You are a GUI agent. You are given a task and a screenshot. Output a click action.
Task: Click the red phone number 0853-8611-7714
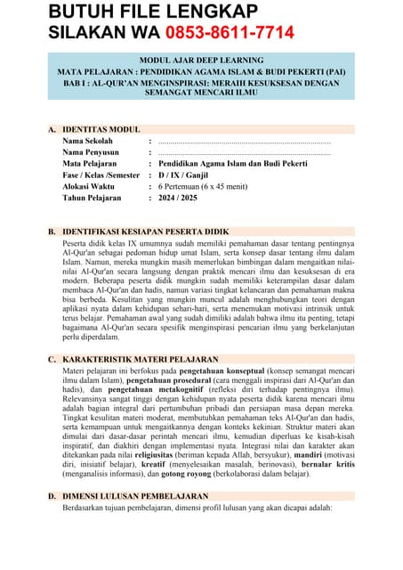229,33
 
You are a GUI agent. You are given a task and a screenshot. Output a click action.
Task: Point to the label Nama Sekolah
88,142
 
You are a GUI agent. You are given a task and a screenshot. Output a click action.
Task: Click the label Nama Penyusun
92,153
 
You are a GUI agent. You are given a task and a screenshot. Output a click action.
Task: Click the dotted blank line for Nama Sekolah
244,142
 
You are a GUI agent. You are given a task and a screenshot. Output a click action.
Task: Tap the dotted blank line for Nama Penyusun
244,153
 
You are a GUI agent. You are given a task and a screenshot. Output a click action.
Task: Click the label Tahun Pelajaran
93,199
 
